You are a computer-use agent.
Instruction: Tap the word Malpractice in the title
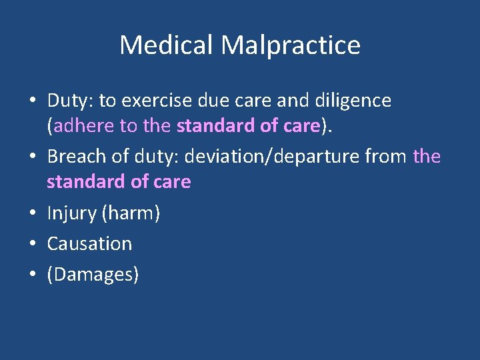(291, 45)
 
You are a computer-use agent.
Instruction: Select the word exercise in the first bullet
(165, 101)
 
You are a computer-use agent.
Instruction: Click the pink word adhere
(77, 127)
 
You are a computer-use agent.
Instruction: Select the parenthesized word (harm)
(130, 213)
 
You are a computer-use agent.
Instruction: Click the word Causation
(89, 244)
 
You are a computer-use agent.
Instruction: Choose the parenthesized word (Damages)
(93, 274)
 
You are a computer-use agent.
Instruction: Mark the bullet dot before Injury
(33, 214)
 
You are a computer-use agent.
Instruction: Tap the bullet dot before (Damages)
(33, 275)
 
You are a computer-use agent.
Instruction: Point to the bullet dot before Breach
(33, 157)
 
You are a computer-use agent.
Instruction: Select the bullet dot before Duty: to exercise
(33, 101)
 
